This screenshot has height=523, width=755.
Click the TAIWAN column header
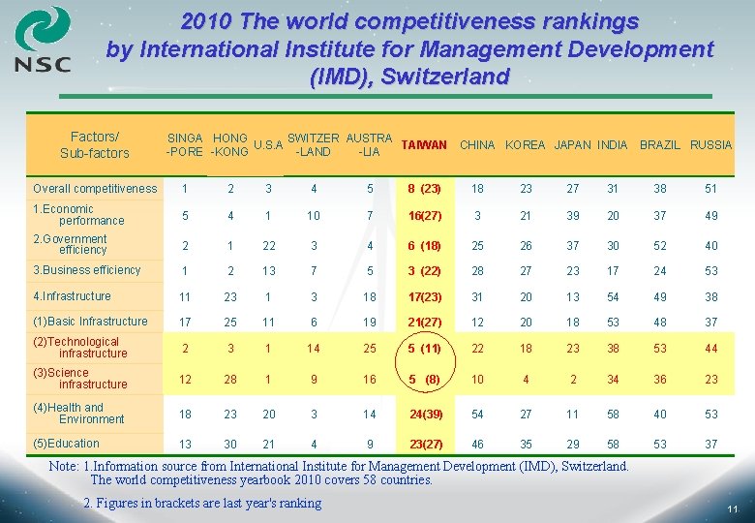(423, 145)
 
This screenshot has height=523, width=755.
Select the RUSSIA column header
(711, 145)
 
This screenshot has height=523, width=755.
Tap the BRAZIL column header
(660, 145)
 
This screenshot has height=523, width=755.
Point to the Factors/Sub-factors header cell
(94, 145)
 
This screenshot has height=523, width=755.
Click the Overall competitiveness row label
(94, 189)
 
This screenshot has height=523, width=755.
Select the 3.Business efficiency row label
(87, 270)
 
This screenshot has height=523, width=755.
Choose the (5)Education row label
(66, 444)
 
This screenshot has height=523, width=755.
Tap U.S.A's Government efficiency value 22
(269, 246)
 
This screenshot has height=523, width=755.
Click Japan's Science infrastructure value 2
(572, 380)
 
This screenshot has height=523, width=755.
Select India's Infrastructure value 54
(613, 297)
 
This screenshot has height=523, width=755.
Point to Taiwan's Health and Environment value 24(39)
(424, 415)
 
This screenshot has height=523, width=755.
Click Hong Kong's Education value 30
(230, 446)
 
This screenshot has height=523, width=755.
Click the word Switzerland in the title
(445, 78)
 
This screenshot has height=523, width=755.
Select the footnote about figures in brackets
(202, 503)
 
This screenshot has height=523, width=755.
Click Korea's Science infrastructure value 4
(526, 380)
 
